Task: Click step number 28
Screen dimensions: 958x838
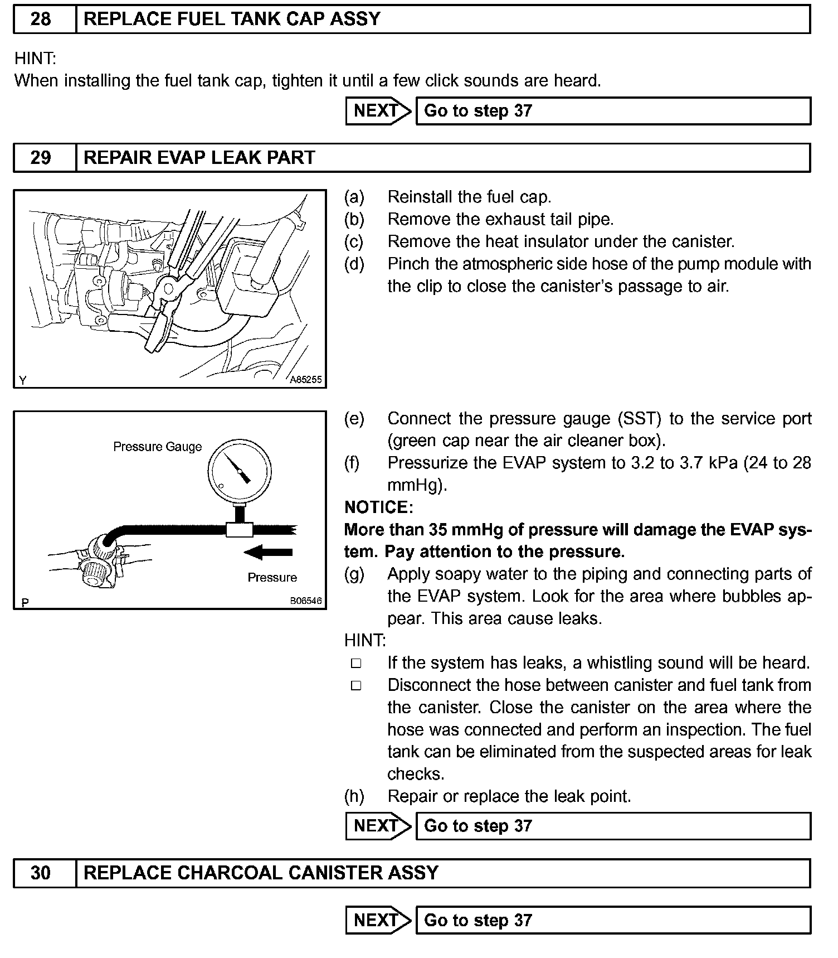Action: [x=41, y=20]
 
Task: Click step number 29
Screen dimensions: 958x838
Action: [x=41, y=158]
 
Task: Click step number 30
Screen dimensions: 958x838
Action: [x=41, y=873]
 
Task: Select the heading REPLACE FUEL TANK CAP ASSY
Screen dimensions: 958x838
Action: [x=232, y=20]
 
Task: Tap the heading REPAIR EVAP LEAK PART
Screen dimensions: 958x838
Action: [x=199, y=158]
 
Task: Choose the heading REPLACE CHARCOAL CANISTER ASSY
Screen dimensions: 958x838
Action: [x=261, y=873]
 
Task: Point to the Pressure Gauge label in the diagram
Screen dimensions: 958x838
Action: [x=157, y=447]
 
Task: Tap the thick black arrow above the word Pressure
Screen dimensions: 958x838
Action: [x=269, y=553]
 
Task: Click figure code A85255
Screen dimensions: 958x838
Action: [x=306, y=380]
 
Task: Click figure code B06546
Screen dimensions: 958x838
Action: [x=305, y=602]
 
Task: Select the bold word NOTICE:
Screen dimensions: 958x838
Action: [x=379, y=507]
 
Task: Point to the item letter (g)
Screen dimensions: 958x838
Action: [x=354, y=574]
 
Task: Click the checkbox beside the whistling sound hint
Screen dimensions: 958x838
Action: [x=356, y=664]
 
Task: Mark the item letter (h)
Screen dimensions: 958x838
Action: [x=354, y=796]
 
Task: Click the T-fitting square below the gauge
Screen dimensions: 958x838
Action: [x=240, y=529]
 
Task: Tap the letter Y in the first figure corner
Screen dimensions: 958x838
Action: [x=23, y=381]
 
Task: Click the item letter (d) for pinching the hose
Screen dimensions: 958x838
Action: [x=354, y=264]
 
